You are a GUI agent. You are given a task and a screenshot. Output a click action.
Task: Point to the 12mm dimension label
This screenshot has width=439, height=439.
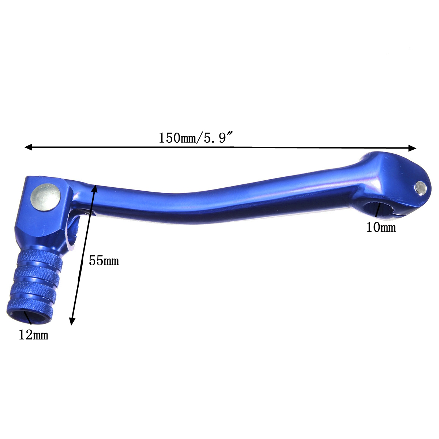click(34, 335)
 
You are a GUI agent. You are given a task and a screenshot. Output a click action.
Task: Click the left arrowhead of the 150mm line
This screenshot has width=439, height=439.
click(28, 147)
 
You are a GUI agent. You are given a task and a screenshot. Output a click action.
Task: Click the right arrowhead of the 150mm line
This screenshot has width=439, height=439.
click(412, 148)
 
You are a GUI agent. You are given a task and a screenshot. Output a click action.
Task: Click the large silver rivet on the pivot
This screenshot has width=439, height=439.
click(46, 197)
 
